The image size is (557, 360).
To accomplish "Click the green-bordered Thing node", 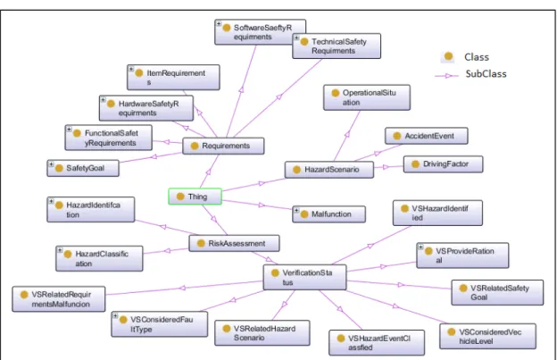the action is pyautogui.click(x=195, y=197).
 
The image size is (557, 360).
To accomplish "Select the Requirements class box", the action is pyautogui.click(x=223, y=146).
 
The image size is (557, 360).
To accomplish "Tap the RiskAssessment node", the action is pyautogui.click(x=234, y=244).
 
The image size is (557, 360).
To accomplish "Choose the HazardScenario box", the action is pyautogui.click(x=329, y=170).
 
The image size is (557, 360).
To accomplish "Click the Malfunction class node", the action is pyautogui.click(x=328, y=214).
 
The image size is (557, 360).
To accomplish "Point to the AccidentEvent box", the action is pyautogui.click(x=427, y=136).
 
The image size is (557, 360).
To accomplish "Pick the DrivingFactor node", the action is pyautogui.click(x=443, y=164).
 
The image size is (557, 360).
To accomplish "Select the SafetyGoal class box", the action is pyautogui.click(x=83, y=168).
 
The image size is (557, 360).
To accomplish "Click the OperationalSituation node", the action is pyautogui.click(x=367, y=97).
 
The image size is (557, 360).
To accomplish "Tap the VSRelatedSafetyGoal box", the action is pyautogui.click(x=497, y=292).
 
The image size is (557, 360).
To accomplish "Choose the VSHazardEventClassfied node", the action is pyautogui.click(x=377, y=343).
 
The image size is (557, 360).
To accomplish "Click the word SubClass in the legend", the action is pyautogui.click(x=486, y=74).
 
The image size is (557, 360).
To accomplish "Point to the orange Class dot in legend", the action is pyautogui.click(x=448, y=56).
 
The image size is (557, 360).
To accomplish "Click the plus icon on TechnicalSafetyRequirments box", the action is pyautogui.click(x=296, y=38).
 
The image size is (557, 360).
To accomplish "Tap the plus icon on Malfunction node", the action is pyautogui.click(x=296, y=210).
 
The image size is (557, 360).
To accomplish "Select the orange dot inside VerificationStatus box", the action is pyautogui.click(x=275, y=273).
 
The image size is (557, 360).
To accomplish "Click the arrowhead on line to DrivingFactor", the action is pyautogui.click(x=387, y=167).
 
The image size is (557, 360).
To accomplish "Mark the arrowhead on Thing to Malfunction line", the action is pyautogui.click(x=262, y=205).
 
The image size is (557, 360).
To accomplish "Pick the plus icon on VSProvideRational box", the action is pyautogui.click(x=420, y=247).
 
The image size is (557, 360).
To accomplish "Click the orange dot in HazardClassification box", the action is pyautogui.click(x=68, y=254).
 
